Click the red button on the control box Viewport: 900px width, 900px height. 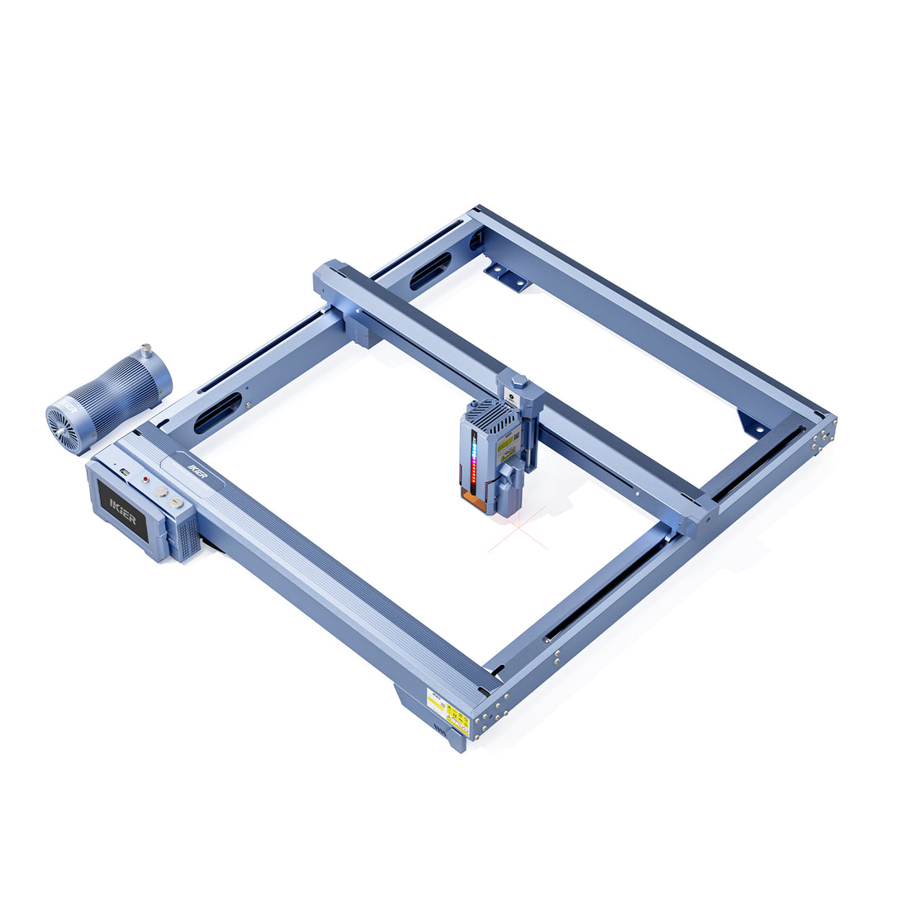(x=145, y=479)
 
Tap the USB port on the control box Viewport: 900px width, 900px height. (x=124, y=471)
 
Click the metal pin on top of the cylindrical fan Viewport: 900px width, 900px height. (x=146, y=352)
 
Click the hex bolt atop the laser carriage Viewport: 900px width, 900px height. (x=519, y=381)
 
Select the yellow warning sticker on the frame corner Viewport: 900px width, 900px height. (x=448, y=711)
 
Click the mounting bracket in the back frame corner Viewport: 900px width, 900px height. (x=505, y=277)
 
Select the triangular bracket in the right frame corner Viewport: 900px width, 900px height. (x=752, y=424)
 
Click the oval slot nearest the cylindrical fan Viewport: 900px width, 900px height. (x=217, y=413)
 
